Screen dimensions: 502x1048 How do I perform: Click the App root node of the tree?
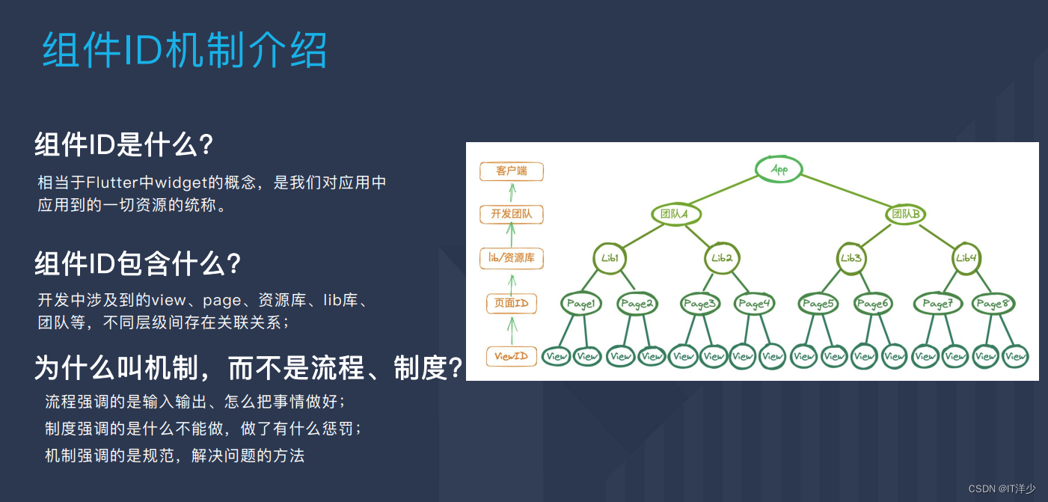pos(779,169)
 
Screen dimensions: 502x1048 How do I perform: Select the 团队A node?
pos(675,214)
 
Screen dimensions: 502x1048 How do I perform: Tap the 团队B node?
pos(906,214)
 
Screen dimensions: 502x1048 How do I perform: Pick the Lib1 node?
pos(610,258)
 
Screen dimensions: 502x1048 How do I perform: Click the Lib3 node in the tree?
pos(851,258)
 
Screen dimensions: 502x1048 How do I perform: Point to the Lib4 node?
pos(966,258)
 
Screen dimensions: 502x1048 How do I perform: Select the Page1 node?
pos(581,304)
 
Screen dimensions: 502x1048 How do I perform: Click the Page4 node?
pos(753,304)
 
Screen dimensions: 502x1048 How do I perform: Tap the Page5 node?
pos(818,304)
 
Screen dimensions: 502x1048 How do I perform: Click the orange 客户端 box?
pos(512,171)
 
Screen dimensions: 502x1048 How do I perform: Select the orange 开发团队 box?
pos(512,215)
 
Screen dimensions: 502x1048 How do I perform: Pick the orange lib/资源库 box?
pos(512,259)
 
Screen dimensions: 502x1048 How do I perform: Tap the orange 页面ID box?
pos(512,303)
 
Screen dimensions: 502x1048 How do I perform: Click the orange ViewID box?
pos(512,356)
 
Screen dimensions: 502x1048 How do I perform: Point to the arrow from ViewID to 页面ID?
pos(512,329)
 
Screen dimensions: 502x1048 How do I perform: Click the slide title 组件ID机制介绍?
pos(185,52)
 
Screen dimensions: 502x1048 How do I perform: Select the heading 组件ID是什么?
pos(125,144)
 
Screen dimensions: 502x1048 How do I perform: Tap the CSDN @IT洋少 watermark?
pos(1002,489)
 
